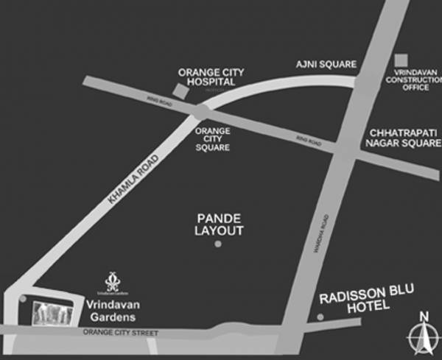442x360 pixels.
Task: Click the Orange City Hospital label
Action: [x=211, y=77]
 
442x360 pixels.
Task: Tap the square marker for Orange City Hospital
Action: [x=180, y=91]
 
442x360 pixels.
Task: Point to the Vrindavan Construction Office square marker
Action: [x=401, y=60]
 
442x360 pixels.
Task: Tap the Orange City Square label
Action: [x=211, y=138]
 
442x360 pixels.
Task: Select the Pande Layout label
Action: [x=219, y=225]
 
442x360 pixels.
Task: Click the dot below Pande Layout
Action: [x=217, y=243]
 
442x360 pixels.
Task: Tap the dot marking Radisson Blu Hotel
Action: [x=320, y=317]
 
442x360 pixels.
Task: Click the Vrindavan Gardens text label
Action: [x=110, y=311]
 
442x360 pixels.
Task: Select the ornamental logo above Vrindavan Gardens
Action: [x=112, y=280]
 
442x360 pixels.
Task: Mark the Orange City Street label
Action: [x=122, y=333]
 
